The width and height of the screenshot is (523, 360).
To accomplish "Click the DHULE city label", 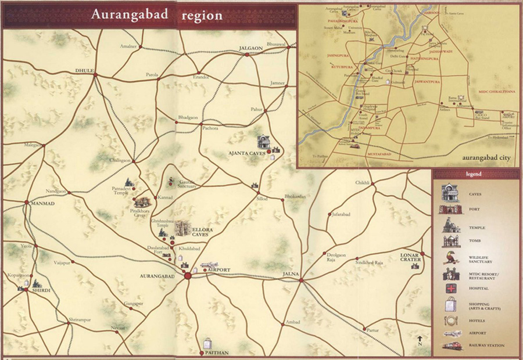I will click(84, 70).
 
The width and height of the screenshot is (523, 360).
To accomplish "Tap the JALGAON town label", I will click(252, 49).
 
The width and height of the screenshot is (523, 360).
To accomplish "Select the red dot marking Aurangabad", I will click(187, 275).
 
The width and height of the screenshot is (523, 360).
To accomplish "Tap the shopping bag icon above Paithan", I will click(207, 343).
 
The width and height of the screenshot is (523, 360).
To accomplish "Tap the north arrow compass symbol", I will click(420, 340).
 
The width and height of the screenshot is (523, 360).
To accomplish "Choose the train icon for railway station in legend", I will click(451, 346).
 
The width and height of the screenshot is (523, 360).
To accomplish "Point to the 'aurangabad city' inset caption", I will click(487, 157).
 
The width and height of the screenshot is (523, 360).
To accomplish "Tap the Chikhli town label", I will click(362, 183).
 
